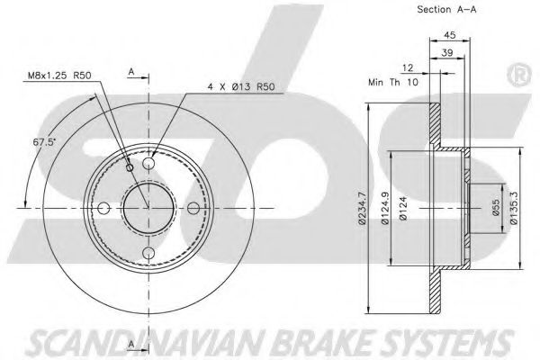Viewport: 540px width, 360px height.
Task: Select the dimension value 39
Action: (x=446, y=53)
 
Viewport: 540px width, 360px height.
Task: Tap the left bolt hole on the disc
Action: (x=103, y=209)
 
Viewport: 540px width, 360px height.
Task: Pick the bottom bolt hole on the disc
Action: (x=148, y=254)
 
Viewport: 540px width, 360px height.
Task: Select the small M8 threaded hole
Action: (x=131, y=167)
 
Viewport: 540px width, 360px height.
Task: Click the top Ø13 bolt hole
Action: (x=148, y=164)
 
